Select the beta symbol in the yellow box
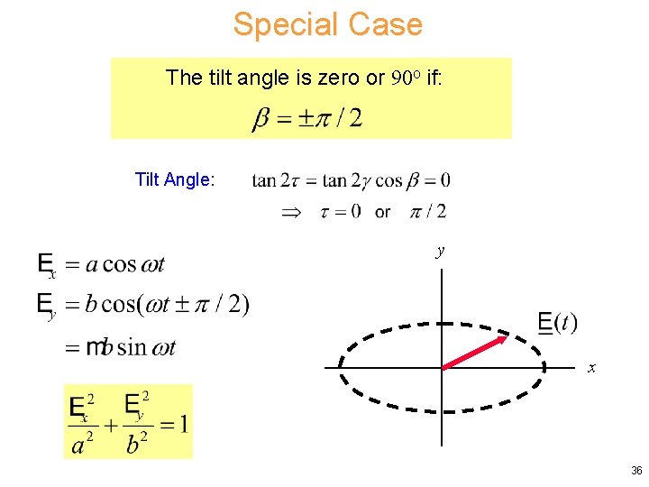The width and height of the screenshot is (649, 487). [x=261, y=119]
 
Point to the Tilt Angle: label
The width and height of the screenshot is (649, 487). [x=174, y=179]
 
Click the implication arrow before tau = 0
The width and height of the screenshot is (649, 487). [x=289, y=212]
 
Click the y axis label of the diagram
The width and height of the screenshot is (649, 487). [x=440, y=253]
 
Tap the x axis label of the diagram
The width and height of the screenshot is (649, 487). [x=591, y=368]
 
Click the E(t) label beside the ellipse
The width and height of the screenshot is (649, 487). [x=557, y=323]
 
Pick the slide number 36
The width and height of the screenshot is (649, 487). [x=636, y=471]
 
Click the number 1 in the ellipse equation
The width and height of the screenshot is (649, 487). [x=183, y=423]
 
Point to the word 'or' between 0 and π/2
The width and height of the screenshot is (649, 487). [x=382, y=213]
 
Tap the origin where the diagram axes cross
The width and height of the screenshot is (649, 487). [x=442, y=367]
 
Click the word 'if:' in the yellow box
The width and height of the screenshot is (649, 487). [x=434, y=78]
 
